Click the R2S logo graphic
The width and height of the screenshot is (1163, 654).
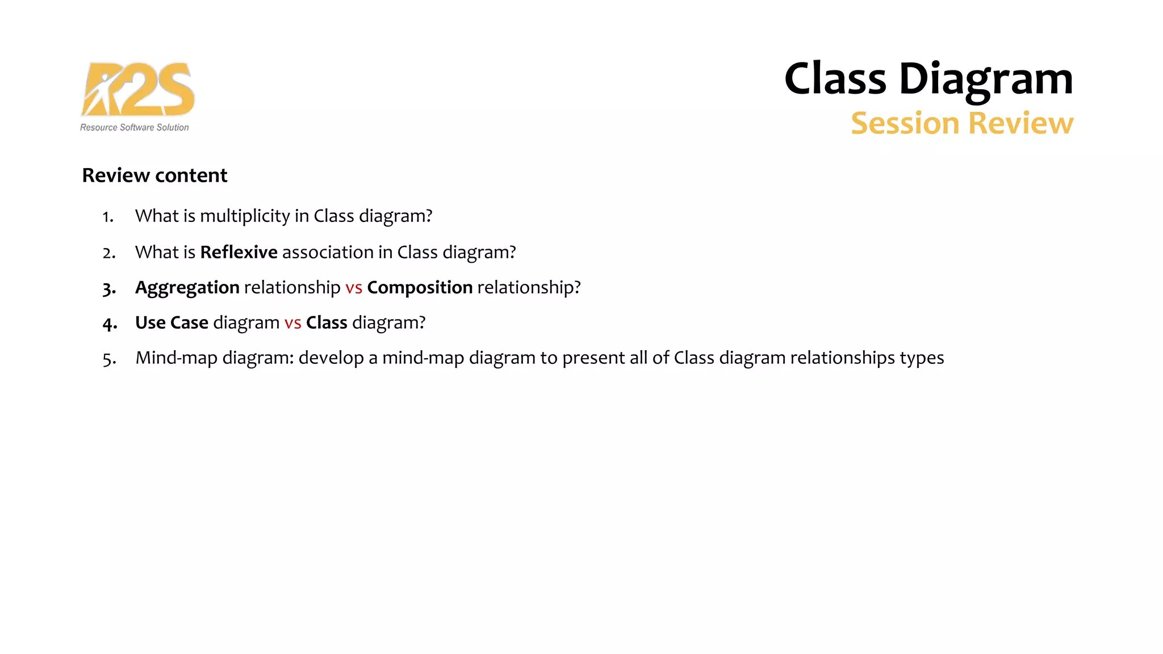(x=138, y=90)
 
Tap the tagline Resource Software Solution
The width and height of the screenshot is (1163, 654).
(x=135, y=128)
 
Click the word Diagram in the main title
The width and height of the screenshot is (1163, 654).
(x=986, y=79)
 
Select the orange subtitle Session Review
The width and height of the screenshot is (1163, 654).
(x=962, y=123)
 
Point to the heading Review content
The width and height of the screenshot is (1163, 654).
(x=154, y=175)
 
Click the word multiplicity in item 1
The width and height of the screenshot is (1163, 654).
(x=245, y=216)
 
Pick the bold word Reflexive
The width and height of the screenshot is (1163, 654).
(x=239, y=252)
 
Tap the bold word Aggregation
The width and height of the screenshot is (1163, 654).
(x=187, y=288)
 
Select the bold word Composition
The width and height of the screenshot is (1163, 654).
(x=420, y=288)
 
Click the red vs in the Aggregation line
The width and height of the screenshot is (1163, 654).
(x=354, y=288)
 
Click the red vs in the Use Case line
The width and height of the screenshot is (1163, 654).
(x=292, y=324)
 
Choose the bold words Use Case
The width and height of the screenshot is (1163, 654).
(x=171, y=323)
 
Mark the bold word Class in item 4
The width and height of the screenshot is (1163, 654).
(x=327, y=323)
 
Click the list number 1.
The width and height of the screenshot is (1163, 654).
(x=108, y=217)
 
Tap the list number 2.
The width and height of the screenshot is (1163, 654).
(x=109, y=253)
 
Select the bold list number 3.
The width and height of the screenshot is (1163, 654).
(x=109, y=290)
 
